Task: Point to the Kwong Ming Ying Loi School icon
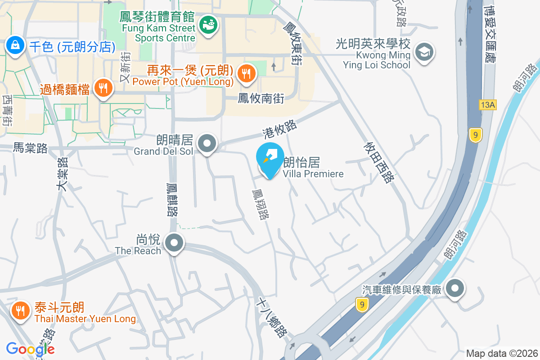423,52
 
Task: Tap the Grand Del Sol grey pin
207,144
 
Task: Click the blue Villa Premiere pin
270,159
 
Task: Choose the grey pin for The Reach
174,243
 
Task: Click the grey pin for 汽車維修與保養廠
455,288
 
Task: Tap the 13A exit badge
487,105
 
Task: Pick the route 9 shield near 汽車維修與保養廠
361,305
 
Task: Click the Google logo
31,349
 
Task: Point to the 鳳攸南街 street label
261,99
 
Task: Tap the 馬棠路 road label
30,148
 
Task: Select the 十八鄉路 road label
271,318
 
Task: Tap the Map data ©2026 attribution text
502,353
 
